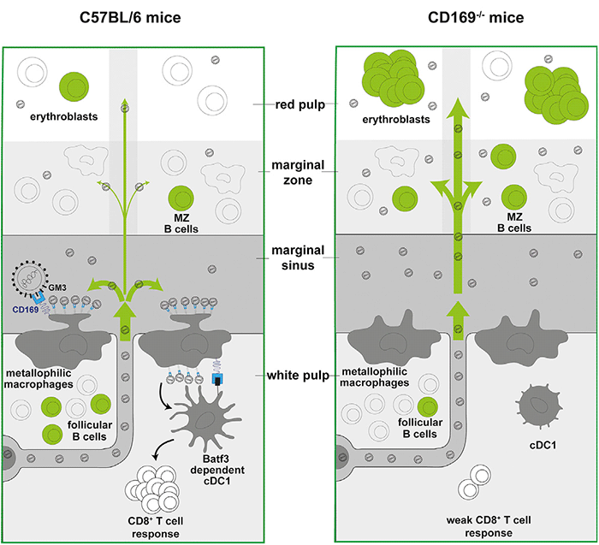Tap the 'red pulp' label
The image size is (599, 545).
[x=295, y=103]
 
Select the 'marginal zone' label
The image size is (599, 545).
[x=296, y=171]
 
